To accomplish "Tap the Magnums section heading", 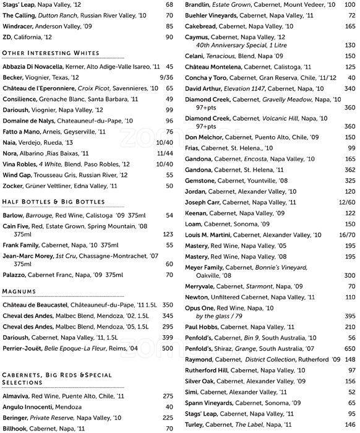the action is tap(19, 291).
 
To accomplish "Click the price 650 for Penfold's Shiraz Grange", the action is tap(349, 349).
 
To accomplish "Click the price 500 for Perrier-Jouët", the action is tap(167, 348).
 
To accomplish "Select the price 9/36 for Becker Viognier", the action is tap(166, 77).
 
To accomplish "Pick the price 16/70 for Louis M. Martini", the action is tap(346, 235).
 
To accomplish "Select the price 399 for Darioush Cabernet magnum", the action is tap(167, 337).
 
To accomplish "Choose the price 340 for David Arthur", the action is tap(349, 88).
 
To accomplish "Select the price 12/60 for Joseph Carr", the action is tap(346, 202).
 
